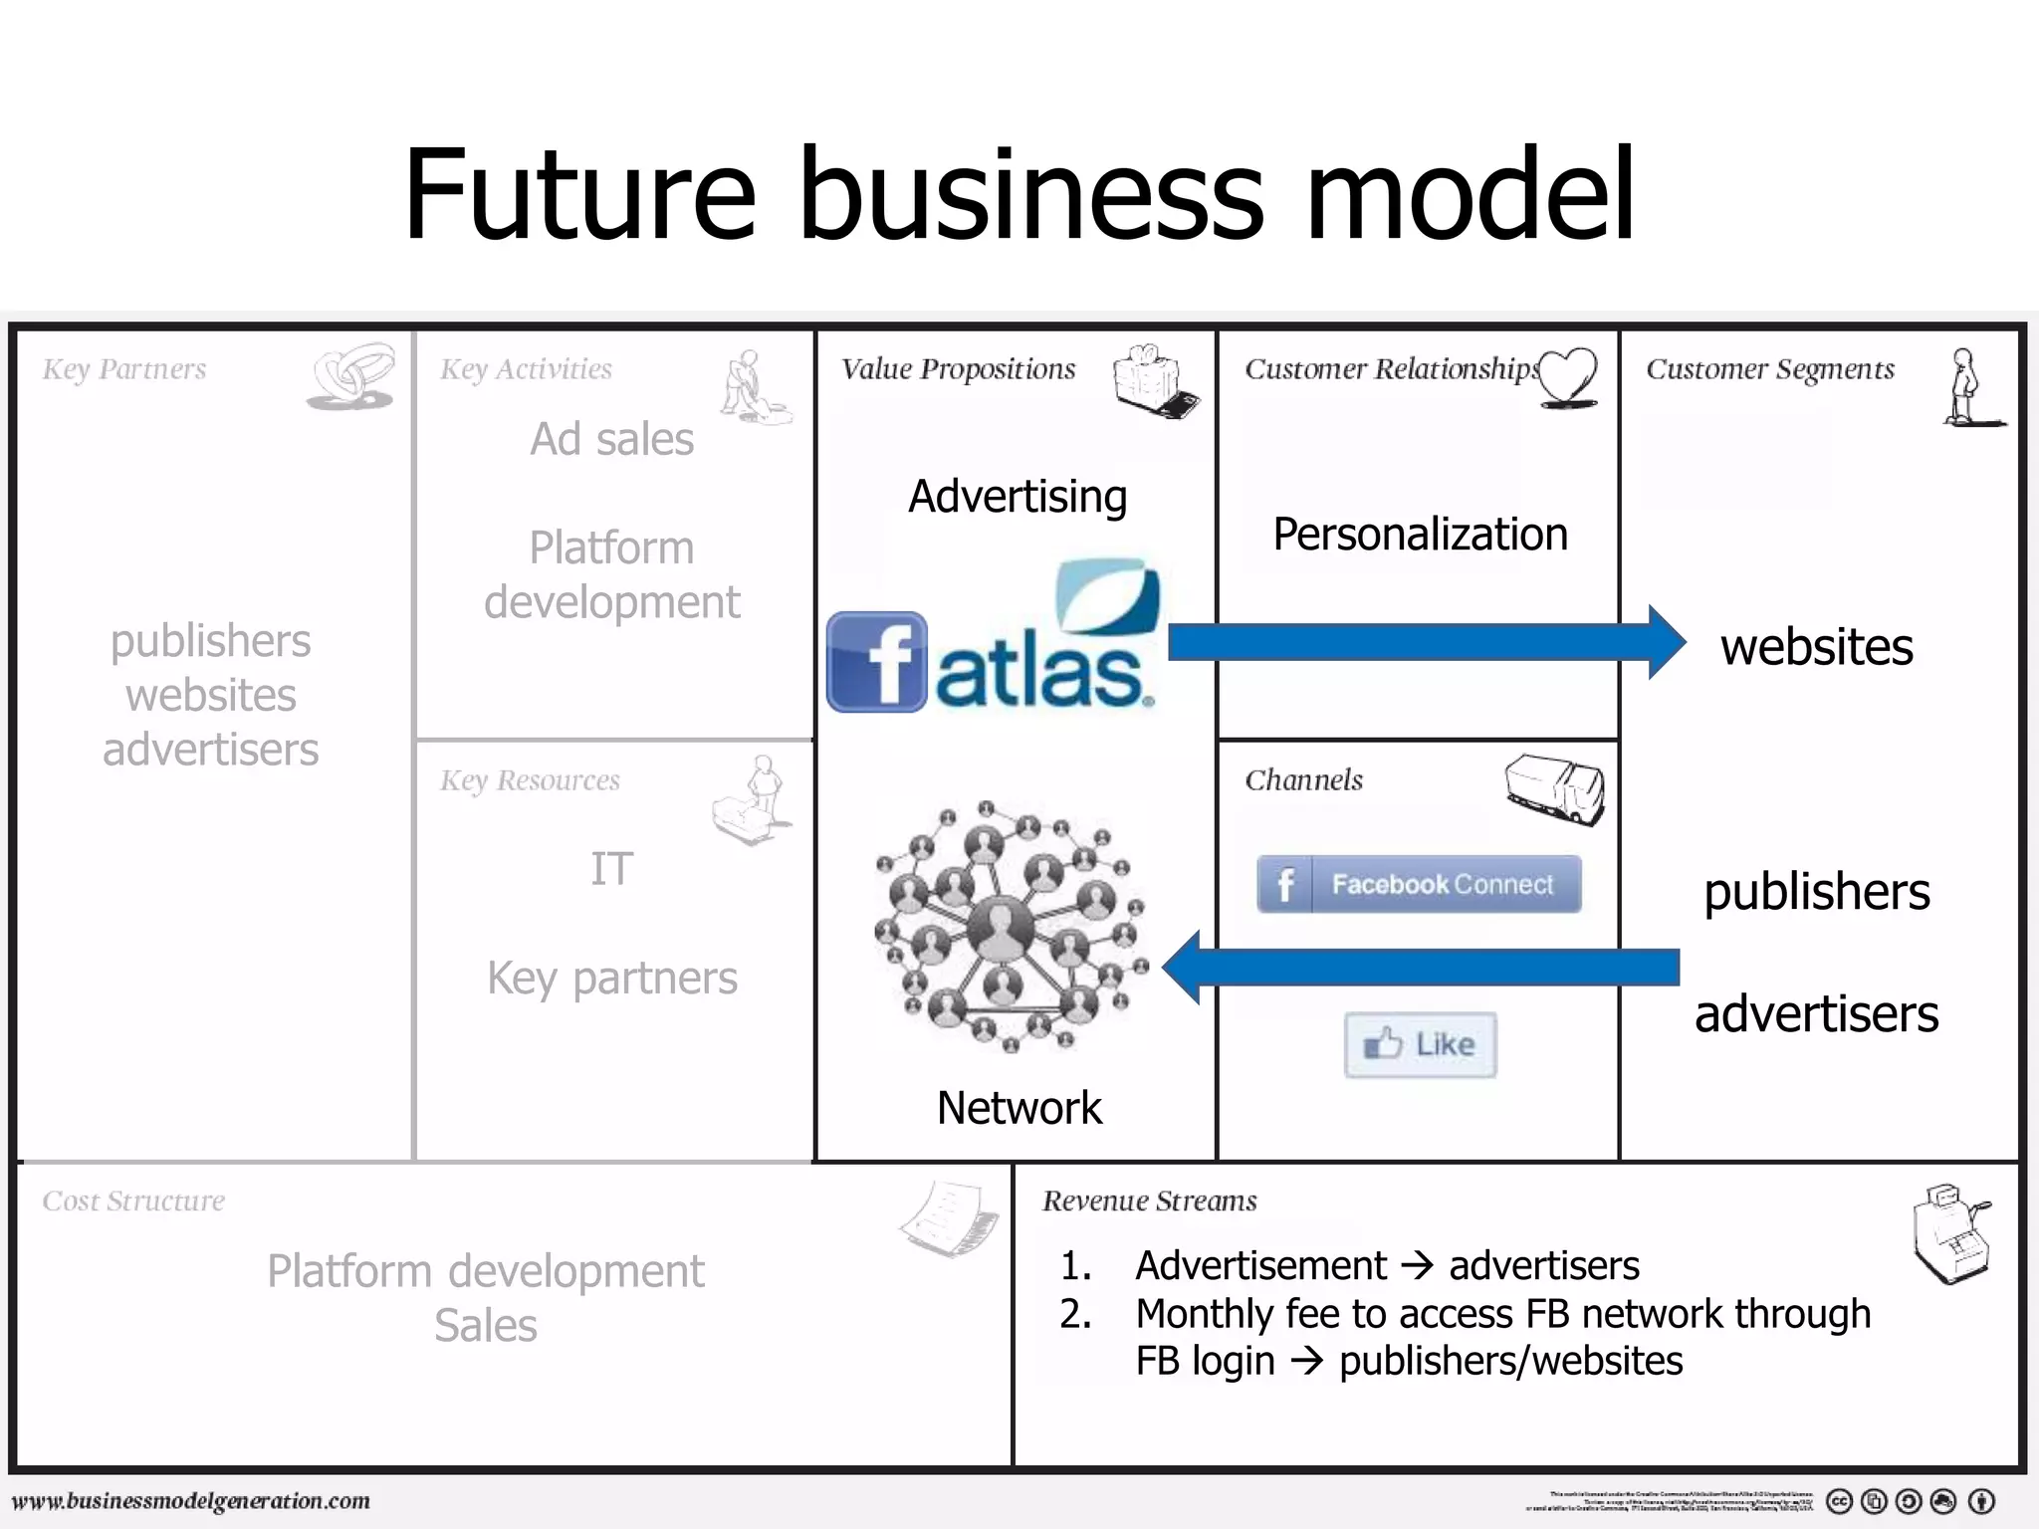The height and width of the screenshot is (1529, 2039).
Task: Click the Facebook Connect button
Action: [x=1419, y=884]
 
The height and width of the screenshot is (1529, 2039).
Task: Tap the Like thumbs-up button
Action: [x=1420, y=1044]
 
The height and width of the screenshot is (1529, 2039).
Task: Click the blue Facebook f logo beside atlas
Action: [x=876, y=662]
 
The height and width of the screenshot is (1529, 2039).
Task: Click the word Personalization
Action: [x=1420, y=535]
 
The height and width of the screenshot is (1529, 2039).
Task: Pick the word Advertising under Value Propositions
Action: [x=1018, y=497]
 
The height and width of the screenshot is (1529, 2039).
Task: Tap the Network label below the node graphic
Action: [x=1019, y=1108]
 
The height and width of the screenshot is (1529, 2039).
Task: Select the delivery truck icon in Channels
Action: [x=1554, y=788]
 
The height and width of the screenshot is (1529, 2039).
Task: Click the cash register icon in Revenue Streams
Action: [x=1951, y=1233]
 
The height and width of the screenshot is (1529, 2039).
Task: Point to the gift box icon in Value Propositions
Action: [x=1155, y=381]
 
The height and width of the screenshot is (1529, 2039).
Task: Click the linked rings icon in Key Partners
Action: [x=350, y=377]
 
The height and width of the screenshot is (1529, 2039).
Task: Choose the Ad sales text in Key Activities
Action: [x=611, y=439]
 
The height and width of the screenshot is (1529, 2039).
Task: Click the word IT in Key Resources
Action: [x=611, y=869]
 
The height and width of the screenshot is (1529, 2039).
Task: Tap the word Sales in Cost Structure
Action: [x=486, y=1326]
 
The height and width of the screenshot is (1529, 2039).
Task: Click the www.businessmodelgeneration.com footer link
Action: [x=191, y=1500]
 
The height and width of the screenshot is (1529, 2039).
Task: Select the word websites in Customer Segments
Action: [x=1816, y=647]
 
